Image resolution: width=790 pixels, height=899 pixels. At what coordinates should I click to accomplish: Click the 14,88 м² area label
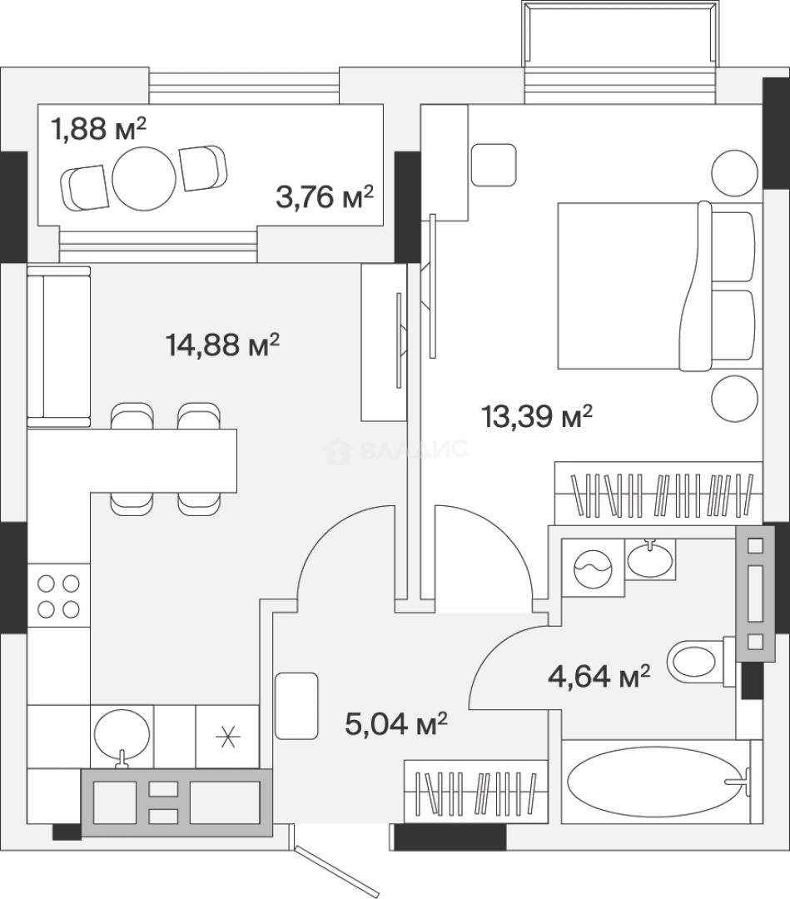pos(222,345)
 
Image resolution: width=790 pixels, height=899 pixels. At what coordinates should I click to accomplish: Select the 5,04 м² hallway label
pos(395,723)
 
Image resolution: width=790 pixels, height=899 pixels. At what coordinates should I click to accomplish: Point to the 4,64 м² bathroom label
pos(599,677)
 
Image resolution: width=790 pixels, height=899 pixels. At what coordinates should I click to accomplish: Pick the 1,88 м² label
pos(98,128)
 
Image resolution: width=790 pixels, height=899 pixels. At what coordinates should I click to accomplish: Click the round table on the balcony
pos(144,178)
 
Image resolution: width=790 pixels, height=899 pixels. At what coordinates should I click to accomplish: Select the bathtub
pos(657,782)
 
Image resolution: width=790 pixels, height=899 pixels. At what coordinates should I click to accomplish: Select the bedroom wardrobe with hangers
pos(658,493)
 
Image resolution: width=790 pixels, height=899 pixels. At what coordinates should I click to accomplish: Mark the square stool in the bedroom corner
pos(494,165)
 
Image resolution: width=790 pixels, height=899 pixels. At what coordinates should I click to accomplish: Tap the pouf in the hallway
pos(296,706)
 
